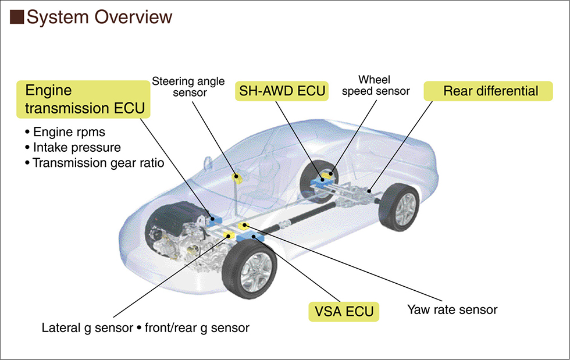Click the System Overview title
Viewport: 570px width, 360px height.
(x=99, y=17)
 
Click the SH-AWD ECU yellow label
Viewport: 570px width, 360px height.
(x=282, y=91)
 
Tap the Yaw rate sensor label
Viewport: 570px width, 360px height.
(x=453, y=309)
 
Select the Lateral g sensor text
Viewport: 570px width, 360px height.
(x=86, y=327)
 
